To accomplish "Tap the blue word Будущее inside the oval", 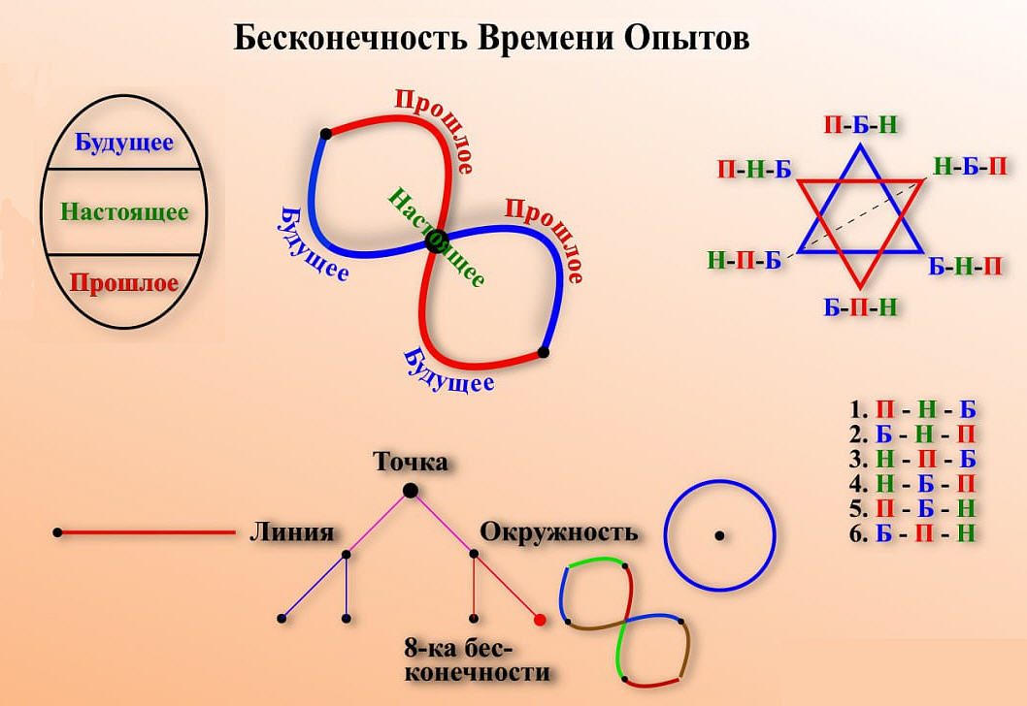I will click(124, 143).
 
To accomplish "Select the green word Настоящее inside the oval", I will click(123, 211).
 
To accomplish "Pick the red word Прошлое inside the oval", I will click(124, 283).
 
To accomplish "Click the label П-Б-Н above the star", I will click(859, 124).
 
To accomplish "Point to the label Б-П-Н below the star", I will click(859, 308).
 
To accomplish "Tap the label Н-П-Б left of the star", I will click(745, 261).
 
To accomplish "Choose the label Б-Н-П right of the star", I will click(965, 266).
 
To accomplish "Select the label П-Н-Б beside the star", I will click(754, 170).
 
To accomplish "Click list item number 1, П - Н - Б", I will click(912, 407).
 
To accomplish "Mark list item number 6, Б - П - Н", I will click(912, 533).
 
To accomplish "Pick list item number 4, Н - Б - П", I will click(912, 483).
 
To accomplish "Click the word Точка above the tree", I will click(411, 462).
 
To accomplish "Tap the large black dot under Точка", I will click(411, 491).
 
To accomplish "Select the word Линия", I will click(291, 532).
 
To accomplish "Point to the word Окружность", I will click(559, 532).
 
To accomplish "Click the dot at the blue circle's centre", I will click(719, 535).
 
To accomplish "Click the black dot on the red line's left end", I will click(58, 532).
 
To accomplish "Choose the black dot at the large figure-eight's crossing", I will click(435, 240).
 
